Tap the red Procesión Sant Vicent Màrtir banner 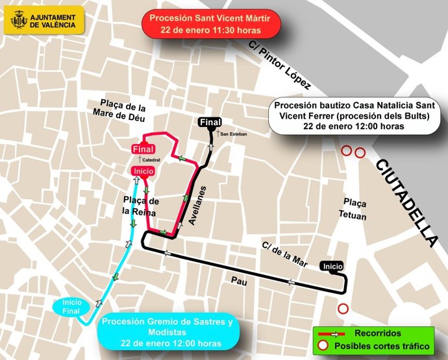[x=210, y=24]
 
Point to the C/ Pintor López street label [x=280, y=66]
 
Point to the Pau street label [x=240, y=281]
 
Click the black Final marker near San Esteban [x=210, y=122]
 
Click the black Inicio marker [x=332, y=266]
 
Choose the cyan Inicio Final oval [x=71, y=306]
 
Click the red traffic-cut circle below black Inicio [x=343, y=309]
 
